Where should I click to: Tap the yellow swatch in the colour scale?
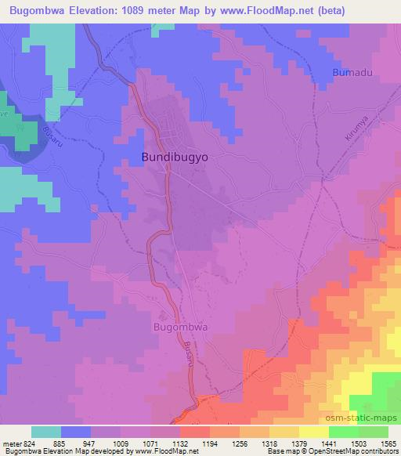pos(313,432)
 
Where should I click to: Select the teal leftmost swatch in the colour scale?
pos(46,432)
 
